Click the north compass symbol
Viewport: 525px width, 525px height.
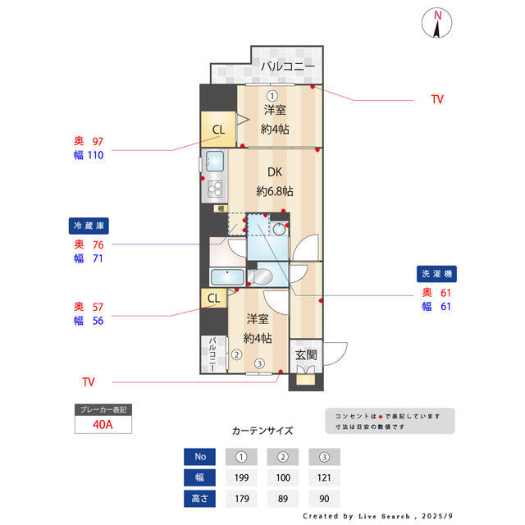click(438, 24)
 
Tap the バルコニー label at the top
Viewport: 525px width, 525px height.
click(288, 66)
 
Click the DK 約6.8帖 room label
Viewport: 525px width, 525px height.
click(274, 181)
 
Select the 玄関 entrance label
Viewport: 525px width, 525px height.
click(306, 355)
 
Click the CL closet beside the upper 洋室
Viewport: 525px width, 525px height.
click(218, 130)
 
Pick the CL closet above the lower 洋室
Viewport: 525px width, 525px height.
click(212, 298)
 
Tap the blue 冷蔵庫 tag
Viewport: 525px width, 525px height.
click(89, 226)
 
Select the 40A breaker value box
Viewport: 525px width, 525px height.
click(103, 426)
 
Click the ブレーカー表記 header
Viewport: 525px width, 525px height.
click(103, 409)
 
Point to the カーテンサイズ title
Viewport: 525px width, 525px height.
click(262, 430)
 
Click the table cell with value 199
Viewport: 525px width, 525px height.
click(241, 477)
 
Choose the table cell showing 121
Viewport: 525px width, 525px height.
click(325, 477)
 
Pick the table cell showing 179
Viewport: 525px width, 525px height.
click(241, 498)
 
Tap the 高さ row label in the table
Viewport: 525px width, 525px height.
click(199, 498)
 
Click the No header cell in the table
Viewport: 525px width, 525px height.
click(199, 456)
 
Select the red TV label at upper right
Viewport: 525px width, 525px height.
click(437, 99)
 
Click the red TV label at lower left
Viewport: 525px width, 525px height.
click(89, 382)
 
